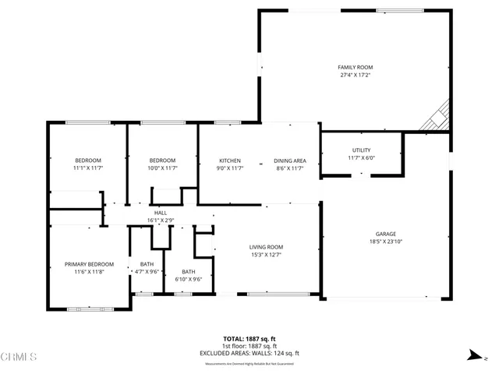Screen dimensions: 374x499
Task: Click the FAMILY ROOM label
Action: click(x=354, y=68)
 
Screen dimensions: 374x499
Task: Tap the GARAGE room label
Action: click(x=386, y=234)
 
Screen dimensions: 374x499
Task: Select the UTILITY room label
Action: click(x=361, y=150)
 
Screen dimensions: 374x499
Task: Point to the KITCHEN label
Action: click(x=229, y=161)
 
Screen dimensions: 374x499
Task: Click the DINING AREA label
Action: click(x=289, y=161)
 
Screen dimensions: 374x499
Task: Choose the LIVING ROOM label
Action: click(x=266, y=247)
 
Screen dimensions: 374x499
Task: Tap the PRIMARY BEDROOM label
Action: click(x=89, y=264)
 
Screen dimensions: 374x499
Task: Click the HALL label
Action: click(x=160, y=213)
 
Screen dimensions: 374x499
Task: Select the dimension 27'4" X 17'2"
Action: click(x=354, y=76)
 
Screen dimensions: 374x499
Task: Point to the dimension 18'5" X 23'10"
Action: click(x=386, y=242)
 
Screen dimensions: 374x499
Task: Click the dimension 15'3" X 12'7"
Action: click(x=266, y=255)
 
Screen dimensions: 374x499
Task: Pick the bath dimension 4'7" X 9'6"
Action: click(x=147, y=272)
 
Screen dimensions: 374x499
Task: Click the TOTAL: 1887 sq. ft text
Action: click(x=249, y=339)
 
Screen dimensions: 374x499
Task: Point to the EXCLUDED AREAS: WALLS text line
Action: click(x=249, y=353)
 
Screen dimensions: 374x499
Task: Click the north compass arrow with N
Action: click(x=472, y=355)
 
